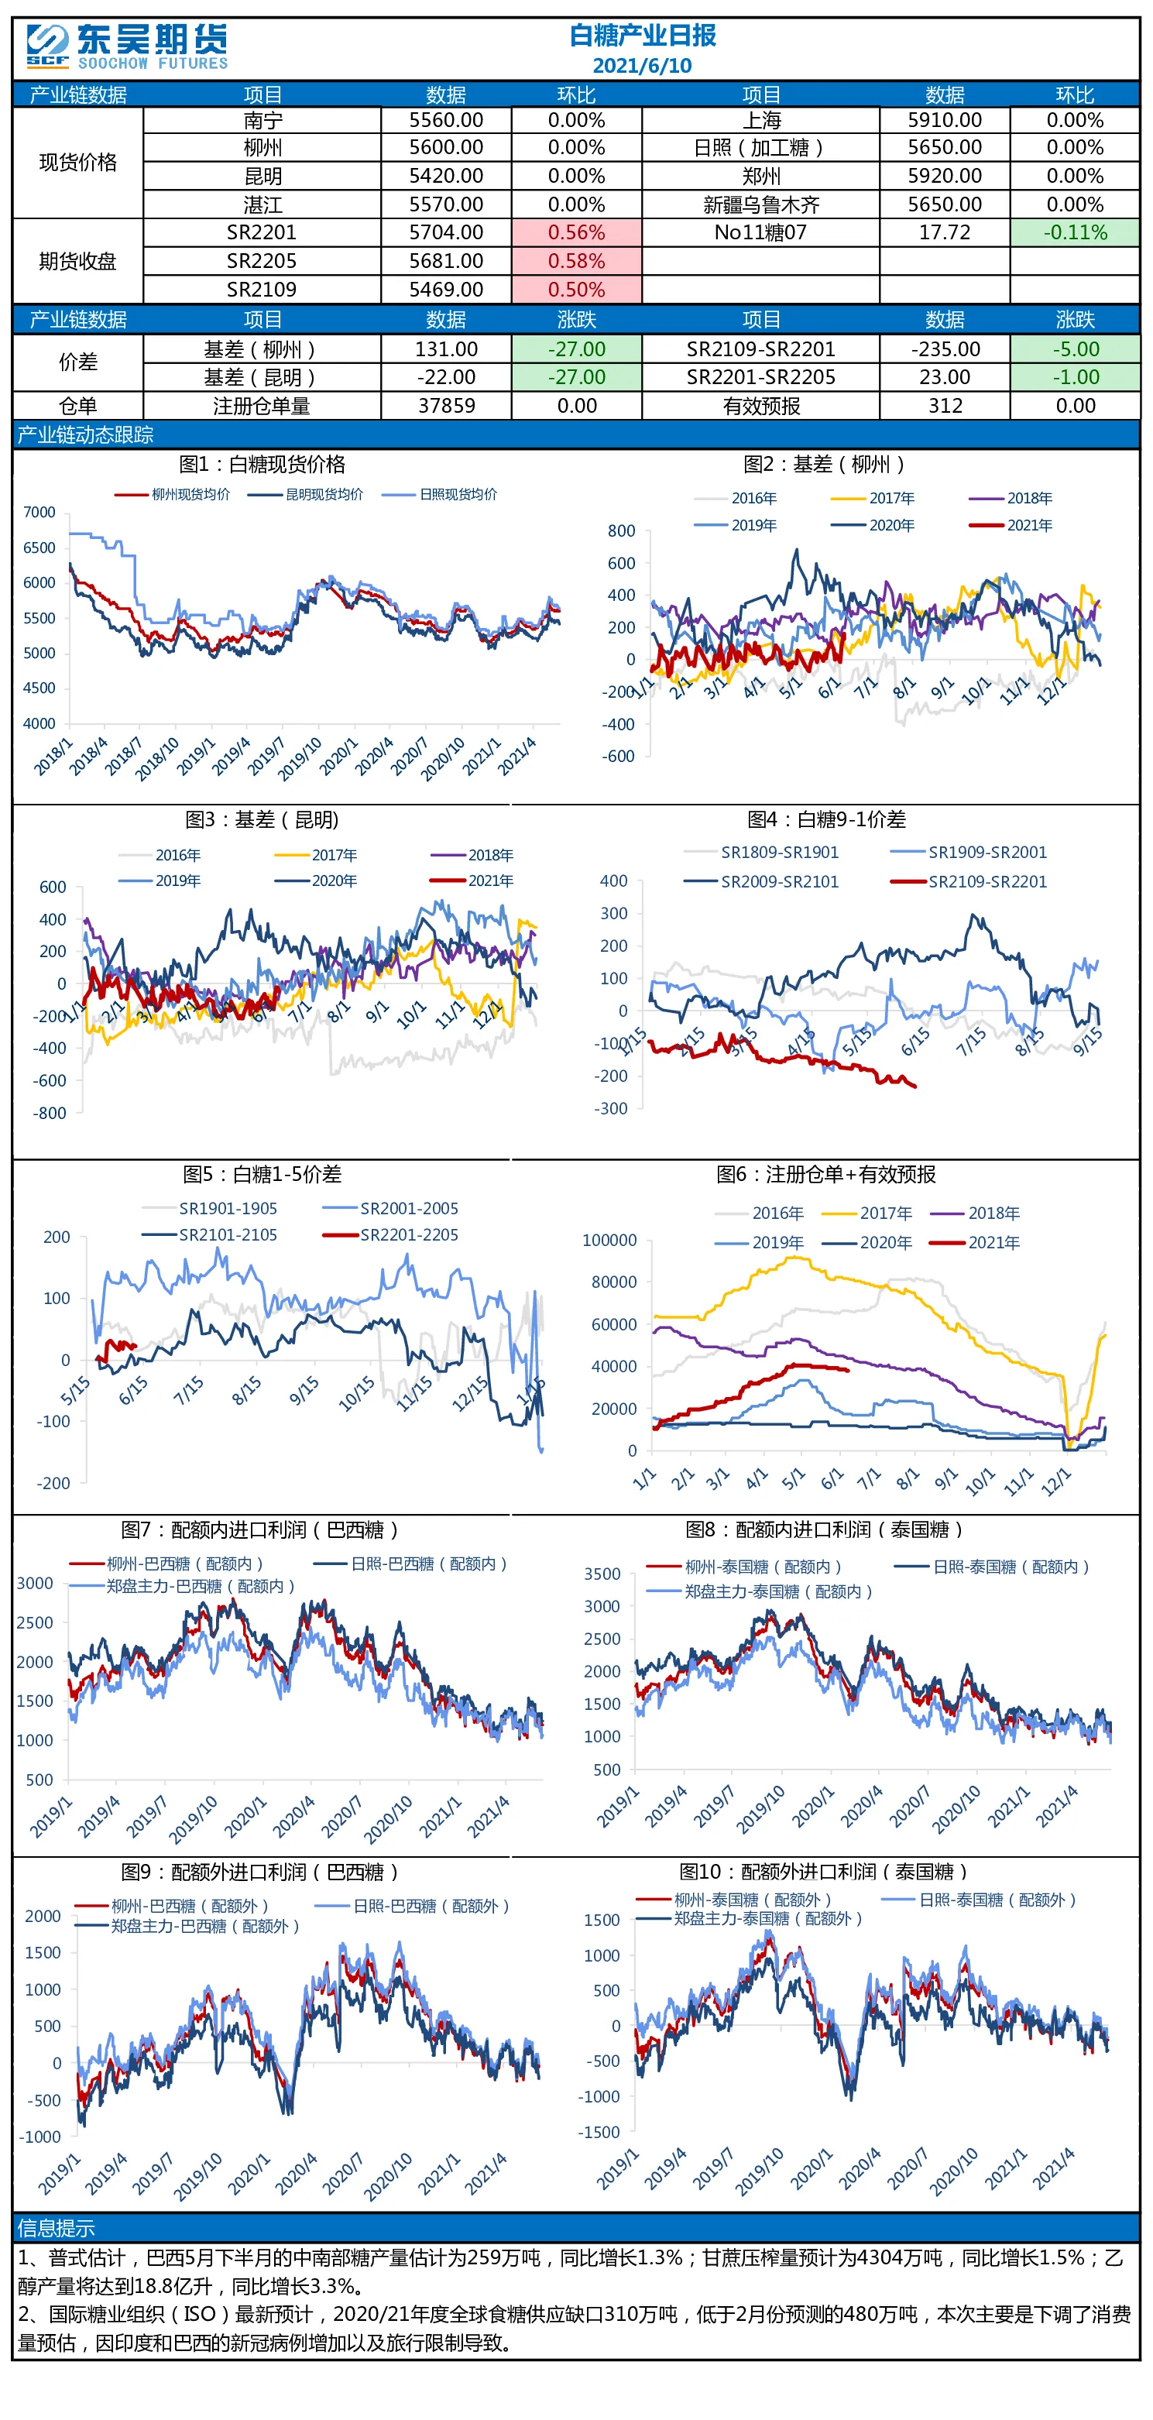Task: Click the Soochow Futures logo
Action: coord(127,47)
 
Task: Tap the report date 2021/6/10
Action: coord(642,66)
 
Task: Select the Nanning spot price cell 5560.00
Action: coord(446,120)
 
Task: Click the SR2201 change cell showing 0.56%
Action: coord(576,232)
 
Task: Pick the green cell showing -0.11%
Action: coord(1075,232)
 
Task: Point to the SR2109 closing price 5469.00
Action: coord(446,290)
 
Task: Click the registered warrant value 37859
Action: coord(446,406)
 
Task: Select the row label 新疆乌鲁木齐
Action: coord(761,204)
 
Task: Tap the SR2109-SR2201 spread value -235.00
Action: coord(945,349)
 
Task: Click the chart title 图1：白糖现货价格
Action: coord(263,464)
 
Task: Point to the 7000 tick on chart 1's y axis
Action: coord(39,512)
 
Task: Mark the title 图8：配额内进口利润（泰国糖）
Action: coord(825,1529)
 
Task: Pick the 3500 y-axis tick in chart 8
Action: coord(602,1574)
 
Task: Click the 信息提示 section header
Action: coord(56,2229)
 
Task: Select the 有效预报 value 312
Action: coord(945,406)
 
